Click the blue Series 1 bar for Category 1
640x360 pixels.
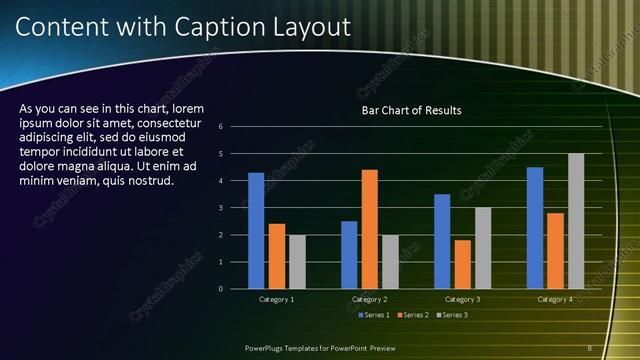point(256,231)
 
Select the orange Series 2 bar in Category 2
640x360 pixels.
point(370,229)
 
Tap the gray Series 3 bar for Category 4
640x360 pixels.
point(576,221)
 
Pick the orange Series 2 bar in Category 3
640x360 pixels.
point(463,264)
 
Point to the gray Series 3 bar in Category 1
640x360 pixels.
point(298,262)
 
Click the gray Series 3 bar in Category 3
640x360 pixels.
point(483,248)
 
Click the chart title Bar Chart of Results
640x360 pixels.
point(411,111)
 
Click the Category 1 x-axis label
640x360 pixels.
point(277,299)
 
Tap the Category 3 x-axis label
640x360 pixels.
point(463,299)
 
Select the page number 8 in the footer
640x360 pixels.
point(590,347)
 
